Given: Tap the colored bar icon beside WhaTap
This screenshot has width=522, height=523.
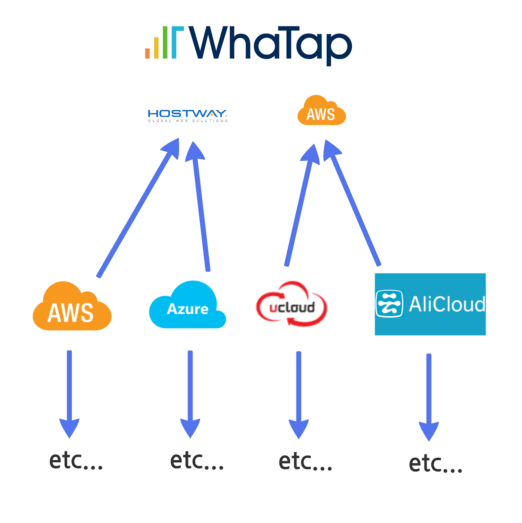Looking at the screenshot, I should (x=164, y=42).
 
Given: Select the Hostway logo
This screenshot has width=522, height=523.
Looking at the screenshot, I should (x=188, y=115).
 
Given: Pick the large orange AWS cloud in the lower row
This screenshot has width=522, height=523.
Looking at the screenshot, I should (x=72, y=308).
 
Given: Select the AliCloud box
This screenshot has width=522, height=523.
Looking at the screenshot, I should (x=430, y=304).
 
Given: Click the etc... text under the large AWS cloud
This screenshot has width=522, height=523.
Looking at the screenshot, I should (x=76, y=461).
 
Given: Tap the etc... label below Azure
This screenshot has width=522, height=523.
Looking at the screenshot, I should (x=197, y=461).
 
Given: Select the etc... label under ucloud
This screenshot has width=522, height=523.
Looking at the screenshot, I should (x=305, y=462).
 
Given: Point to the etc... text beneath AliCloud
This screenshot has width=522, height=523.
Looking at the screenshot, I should (x=436, y=464).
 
